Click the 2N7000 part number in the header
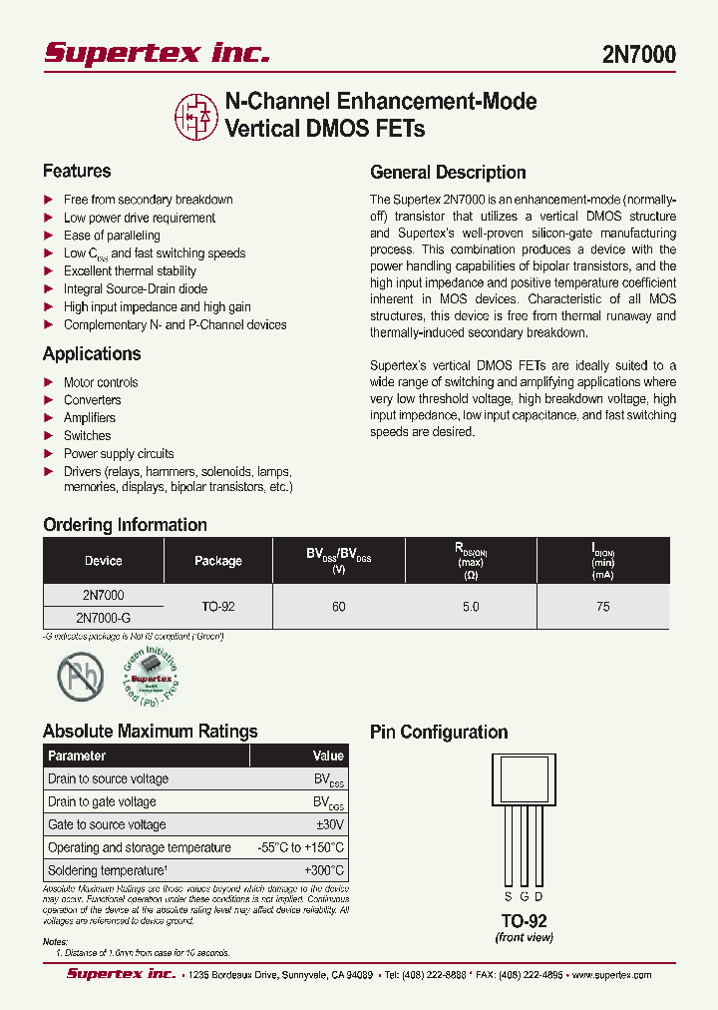[x=638, y=55]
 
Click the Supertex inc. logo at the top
[x=157, y=53]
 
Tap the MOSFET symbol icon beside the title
[x=196, y=116]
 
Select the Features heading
[x=77, y=171]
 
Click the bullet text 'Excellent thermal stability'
[x=130, y=271]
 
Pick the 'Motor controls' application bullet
[x=101, y=382]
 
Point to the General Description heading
[x=448, y=172]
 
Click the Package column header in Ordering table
[x=218, y=561]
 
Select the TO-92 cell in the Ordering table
[x=218, y=607]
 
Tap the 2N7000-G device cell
[x=104, y=618]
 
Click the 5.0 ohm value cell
[x=471, y=607]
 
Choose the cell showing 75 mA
[x=602, y=607]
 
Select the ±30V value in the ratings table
[x=329, y=824]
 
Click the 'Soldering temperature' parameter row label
[x=108, y=870]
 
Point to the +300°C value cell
[x=324, y=870]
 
